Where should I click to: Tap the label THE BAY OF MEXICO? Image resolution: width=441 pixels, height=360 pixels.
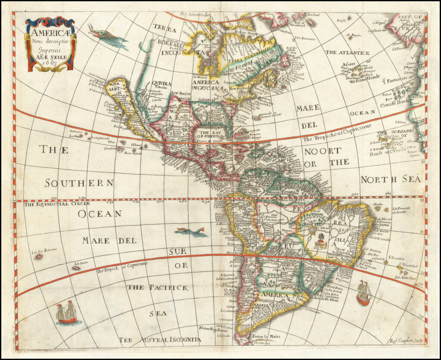pos(210,134)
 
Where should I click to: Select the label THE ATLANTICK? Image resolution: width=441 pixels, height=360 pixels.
pos(348,53)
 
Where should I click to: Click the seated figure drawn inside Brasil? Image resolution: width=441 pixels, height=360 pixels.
pos(319,241)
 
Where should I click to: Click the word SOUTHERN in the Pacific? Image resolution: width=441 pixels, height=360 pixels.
pos(80,183)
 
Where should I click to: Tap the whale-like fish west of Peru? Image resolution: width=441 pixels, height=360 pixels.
pos(191,232)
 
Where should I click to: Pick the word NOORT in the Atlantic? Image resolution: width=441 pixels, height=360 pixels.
pos(322,151)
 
